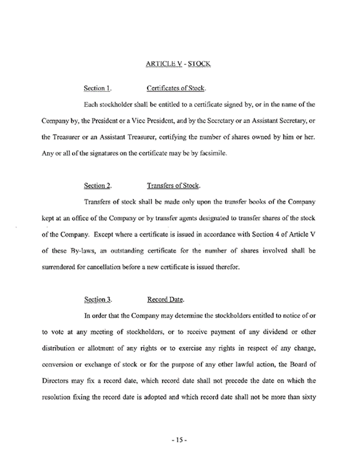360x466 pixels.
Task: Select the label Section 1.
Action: click(97, 89)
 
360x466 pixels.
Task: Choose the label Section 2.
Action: click(97, 186)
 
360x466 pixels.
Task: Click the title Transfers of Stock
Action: click(173, 186)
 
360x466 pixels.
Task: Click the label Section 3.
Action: click(98, 300)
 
